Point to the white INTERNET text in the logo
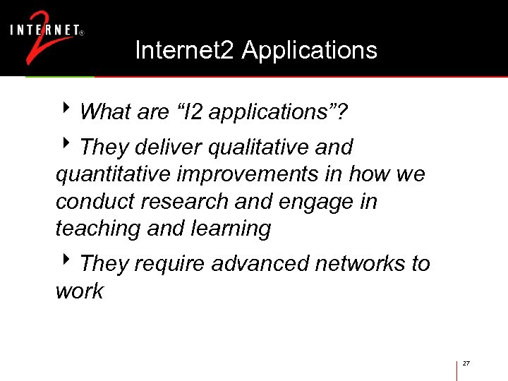44,30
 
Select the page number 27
466,363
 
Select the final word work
79,291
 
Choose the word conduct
95,202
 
